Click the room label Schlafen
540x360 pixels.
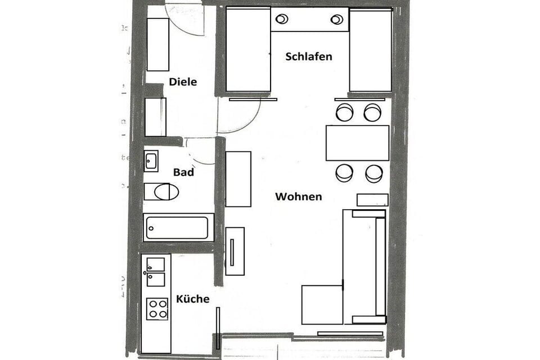(x=308, y=56)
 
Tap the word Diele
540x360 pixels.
(x=183, y=82)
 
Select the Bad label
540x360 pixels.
(x=183, y=172)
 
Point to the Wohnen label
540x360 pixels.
(x=298, y=196)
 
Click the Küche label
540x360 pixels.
(x=192, y=299)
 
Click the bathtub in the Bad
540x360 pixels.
(x=178, y=228)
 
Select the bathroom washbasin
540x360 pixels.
(x=151, y=161)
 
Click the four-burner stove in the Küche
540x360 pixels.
(x=157, y=309)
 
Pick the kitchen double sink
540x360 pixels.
(x=156, y=272)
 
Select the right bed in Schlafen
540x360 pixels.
(x=370, y=51)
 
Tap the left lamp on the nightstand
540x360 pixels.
(x=281, y=19)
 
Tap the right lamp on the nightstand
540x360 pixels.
(x=337, y=20)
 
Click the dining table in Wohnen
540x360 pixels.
(x=357, y=143)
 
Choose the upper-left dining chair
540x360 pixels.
(x=344, y=112)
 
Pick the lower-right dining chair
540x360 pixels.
(x=374, y=173)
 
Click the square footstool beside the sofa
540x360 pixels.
(x=322, y=304)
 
